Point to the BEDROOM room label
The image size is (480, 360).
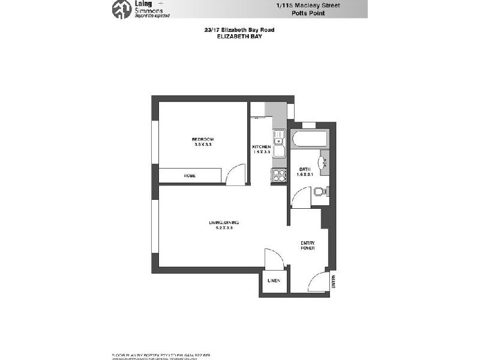coord(203,139)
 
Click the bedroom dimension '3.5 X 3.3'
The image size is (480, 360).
coord(203,145)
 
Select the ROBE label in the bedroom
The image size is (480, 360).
coord(190,175)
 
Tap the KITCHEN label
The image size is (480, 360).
coord(261,147)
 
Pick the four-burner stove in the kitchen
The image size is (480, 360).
coord(280,175)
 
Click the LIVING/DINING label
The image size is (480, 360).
coord(220,223)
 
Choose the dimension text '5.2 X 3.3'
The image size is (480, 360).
coord(220,228)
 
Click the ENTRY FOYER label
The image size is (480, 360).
coord(308,245)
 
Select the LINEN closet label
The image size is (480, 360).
coord(274,281)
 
